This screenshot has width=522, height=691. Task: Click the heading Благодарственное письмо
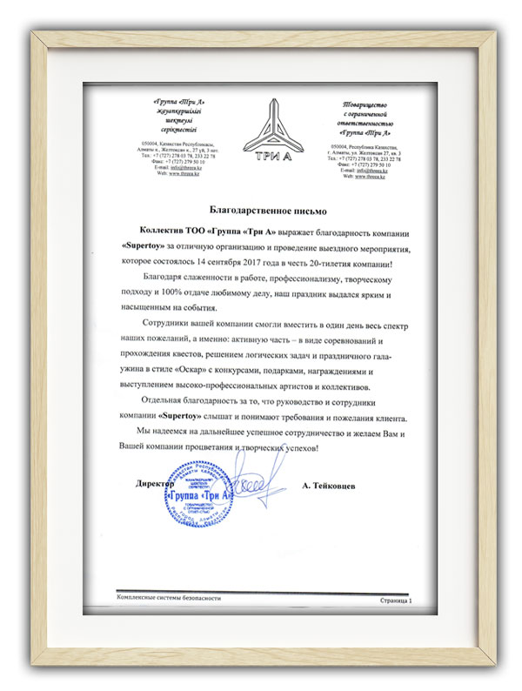click(261, 211)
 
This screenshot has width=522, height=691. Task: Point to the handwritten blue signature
click(258, 481)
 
